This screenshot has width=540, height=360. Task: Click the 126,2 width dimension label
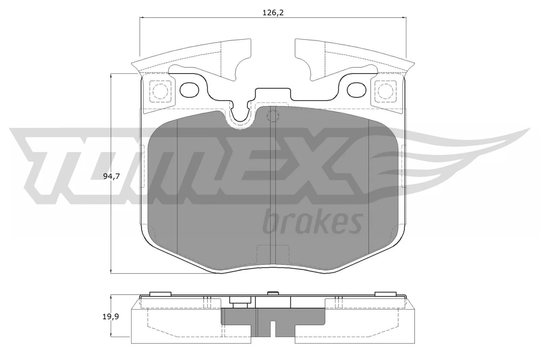pyautogui.click(x=273, y=13)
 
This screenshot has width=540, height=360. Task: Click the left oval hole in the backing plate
pyautogui.click(x=190, y=89)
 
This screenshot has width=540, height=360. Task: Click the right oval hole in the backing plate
pyautogui.click(x=356, y=89)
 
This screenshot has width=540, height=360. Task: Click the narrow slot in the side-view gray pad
pyautogui.click(x=273, y=329)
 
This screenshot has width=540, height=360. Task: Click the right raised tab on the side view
pyautogui.click(x=385, y=294)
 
